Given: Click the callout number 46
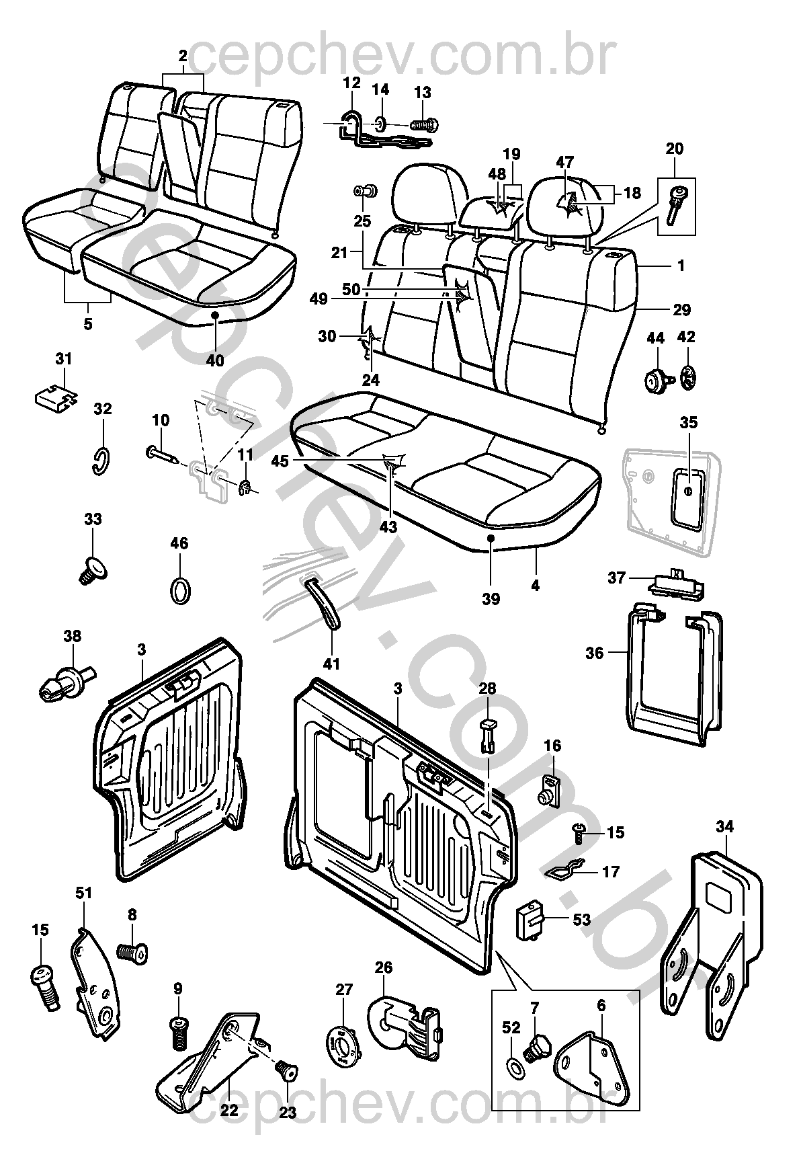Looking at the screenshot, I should coord(179,543).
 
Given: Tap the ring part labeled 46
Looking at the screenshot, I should coord(179,590).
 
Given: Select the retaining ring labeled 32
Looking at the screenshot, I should coord(100,461).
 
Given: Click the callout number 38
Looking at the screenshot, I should coord(72,635).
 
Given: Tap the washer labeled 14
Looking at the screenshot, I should coord(381,123).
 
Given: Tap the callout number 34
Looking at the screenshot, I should coord(725,826).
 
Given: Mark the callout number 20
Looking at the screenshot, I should coord(674,149).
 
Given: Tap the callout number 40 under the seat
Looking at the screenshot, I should coord(215,360).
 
